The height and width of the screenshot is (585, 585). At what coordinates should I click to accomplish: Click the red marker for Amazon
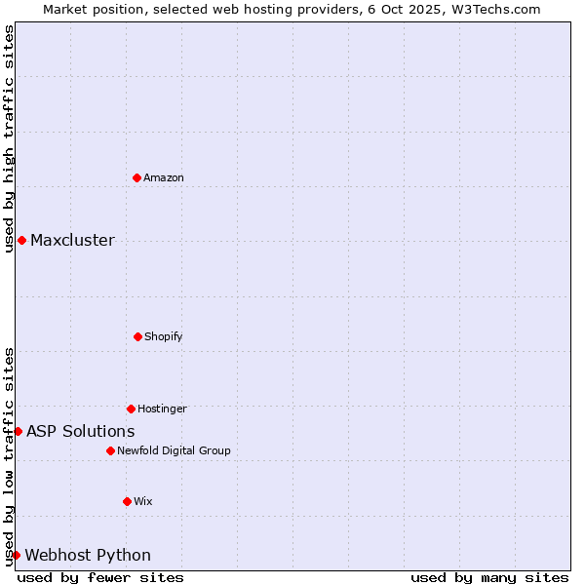(x=136, y=177)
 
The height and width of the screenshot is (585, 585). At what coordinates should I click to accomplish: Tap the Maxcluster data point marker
(x=21, y=240)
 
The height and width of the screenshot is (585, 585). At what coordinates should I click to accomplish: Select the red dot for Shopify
(x=137, y=336)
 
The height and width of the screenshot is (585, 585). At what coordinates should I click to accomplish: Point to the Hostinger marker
(x=131, y=409)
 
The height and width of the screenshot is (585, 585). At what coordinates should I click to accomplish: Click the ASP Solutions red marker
(x=18, y=431)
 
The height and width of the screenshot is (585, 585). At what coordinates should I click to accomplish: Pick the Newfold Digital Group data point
(x=110, y=450)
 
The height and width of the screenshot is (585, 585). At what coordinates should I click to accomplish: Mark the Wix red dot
(x=127, y=501)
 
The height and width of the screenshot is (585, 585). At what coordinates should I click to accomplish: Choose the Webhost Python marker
(x=16, y=555)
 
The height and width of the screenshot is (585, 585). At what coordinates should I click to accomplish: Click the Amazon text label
(x=164, y=177)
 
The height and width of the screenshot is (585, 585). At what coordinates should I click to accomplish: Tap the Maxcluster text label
(x=72, y=241)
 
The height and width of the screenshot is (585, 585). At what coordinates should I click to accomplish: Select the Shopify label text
(x=164, y=336)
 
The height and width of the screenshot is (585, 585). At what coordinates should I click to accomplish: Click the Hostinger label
(x=162, y=409)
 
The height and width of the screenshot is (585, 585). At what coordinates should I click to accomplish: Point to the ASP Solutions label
(x=80, y=431)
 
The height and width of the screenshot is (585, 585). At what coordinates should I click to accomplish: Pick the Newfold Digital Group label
(x=174, y=450)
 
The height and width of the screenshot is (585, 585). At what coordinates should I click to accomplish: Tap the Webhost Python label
(x=88, y=556)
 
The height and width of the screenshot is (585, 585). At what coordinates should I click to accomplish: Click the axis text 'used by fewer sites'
(x=100, y=577)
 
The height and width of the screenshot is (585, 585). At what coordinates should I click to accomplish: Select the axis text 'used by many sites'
(x=489, y=577)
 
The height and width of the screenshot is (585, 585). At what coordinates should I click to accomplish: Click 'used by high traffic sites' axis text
(x=9, y=138)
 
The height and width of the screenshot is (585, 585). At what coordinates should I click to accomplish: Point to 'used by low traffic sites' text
(x=9, y=455)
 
